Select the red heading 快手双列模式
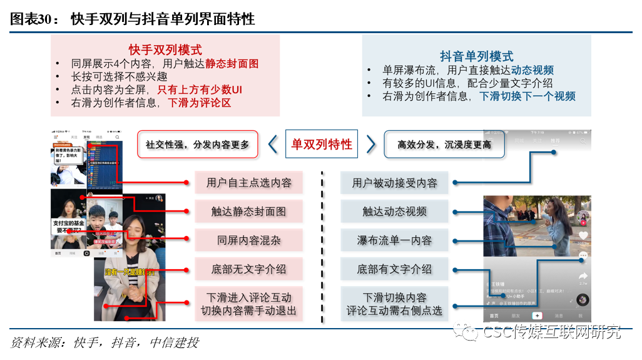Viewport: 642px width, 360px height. (165, 50)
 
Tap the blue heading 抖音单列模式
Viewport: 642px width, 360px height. (476, 56)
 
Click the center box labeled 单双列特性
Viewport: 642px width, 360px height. (322, 145)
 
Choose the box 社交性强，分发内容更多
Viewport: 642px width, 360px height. (198, 145)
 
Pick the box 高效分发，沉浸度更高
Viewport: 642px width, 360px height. (444, 145)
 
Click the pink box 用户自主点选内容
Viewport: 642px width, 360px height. (248, 183)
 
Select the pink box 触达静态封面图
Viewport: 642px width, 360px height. (248, 212)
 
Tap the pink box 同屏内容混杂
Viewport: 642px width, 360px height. (248, 240)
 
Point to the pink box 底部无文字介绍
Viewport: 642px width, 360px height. (248, 269)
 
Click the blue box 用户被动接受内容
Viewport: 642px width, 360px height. (395, 183)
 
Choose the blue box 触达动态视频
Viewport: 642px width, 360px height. (395, 212)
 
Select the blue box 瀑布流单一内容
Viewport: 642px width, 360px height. (395, 240)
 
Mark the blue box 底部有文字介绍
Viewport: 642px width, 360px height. (395, 269)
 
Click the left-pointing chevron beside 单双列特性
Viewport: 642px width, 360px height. (273, 145)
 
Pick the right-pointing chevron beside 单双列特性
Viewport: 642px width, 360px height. (371, 145)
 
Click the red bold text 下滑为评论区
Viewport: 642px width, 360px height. (200, 103)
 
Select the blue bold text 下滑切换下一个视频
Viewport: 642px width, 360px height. (527, 96)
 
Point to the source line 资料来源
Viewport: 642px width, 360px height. (104, 342)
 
